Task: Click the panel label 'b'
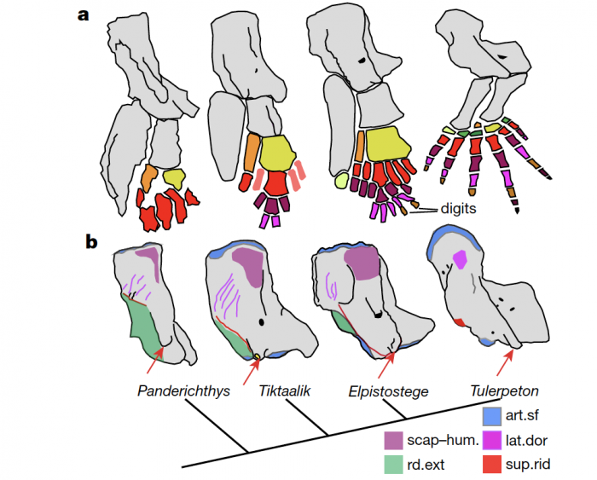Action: [x=91, y=242]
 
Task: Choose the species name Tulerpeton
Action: [x=505, y=391]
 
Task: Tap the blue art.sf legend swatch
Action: [x=491, y=417]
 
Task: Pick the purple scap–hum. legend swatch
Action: [x=393, y=442]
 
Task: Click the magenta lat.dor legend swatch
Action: [x=491, y=442]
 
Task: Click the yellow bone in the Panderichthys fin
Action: [x=174, y=179]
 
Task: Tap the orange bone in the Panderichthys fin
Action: [x=148, y=179]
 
